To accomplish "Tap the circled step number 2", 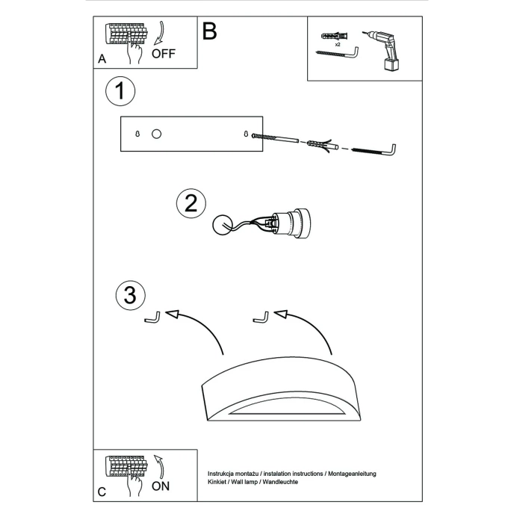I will pyautogui.click(x=191, y=204).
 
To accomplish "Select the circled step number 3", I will pyautogui.click(x=130, y=295).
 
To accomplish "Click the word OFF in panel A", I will pyautogui.click(x=164, y=55).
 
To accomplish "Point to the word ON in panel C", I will pyautogui.click(x=161, y=486).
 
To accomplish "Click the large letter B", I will pyautogui.click(x=209, y=31).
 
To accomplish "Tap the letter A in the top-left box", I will pyautogui.click(x=102, y=58).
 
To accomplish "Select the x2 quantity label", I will pyautogui.click(x=338, y=46).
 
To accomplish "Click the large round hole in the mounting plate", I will pyautogui.click(x=156, y=134).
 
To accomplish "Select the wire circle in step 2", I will pyautogui.click(x=222, y=225).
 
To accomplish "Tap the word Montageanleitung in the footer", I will pyautogui.click(x=351, y=474).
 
